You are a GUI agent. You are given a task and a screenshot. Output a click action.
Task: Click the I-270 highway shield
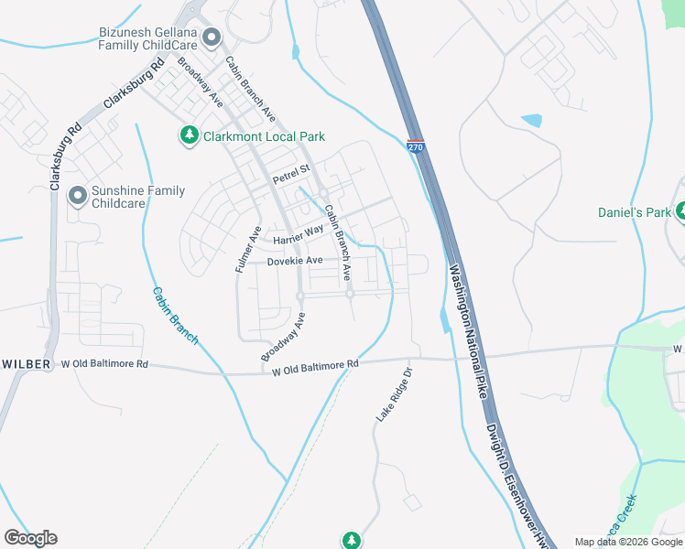click(416, 145)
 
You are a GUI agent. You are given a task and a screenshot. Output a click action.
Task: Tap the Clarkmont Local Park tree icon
click(189, 136)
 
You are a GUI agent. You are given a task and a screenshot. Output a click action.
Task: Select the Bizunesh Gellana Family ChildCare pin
click(212, 38)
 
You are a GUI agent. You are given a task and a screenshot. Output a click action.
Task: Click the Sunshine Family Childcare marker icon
click(77, 196)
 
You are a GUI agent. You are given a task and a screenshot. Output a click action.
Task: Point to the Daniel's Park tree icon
click(680, 212)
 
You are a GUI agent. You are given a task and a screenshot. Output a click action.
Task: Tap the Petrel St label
click(291, 173)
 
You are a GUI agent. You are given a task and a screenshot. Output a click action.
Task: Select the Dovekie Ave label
click(295, 261)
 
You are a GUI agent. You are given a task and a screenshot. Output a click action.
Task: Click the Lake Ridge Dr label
click(395, 394)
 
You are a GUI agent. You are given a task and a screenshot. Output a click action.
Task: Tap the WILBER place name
click(26, 363)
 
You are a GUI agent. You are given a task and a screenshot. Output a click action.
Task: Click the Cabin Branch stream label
click(174, 316)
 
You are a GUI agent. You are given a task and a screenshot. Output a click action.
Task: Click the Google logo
click(30, 538)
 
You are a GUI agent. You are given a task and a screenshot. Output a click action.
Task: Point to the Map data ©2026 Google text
click(628, 542)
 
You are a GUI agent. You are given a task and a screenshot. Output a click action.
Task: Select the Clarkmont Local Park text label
click(265, 136)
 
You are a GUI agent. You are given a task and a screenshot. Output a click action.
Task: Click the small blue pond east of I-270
click(531, 120)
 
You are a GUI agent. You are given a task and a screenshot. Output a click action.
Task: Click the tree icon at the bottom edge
click(351, 541)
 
